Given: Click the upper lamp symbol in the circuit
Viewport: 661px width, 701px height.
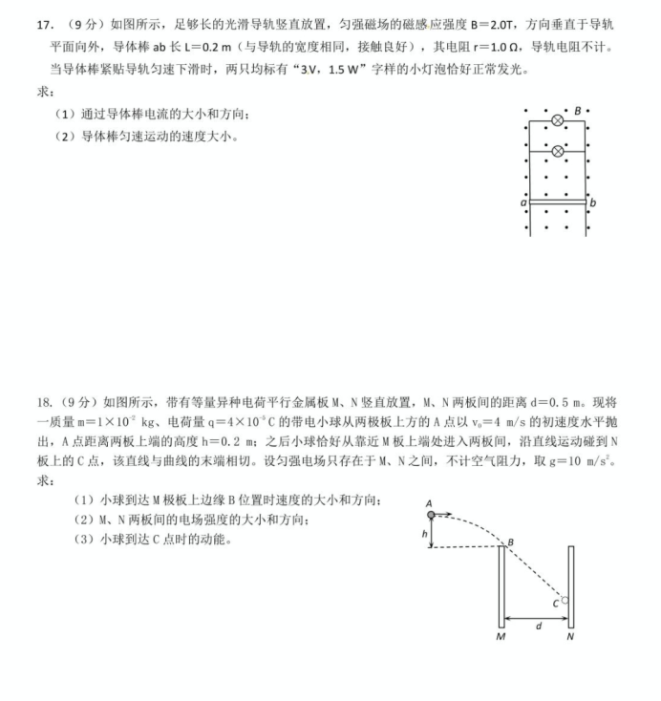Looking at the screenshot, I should pyautogui.click(x=558, y=121).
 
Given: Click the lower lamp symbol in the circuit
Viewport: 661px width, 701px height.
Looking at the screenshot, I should pyautogui.click(x=558, y=152).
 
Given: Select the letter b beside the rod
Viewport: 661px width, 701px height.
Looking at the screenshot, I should pyautogui.click(x=593, y=203).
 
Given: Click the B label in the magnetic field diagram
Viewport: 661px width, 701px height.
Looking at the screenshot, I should pyautogui.click(x=577, y=111).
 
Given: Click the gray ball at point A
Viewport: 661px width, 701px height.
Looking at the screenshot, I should pyautogui.click(x=431, y=515).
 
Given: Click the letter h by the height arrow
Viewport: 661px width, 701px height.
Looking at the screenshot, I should pyautogui.click(x=424, y=534).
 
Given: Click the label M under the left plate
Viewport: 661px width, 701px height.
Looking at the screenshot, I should pyautogui.click(x=501, y=637).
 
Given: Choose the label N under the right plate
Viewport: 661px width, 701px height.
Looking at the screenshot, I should pyautogui.click(x=570, y=637).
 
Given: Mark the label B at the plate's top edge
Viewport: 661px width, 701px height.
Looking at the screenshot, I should pyautogui.click(x=510, y=542).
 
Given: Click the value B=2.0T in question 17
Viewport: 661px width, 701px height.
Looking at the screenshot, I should pyautogui.click(x=498, y=22).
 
